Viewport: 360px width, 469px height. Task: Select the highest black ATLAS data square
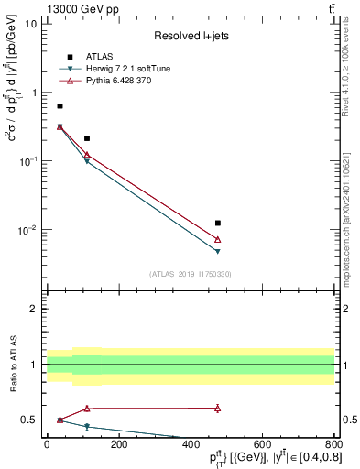pos(60,106)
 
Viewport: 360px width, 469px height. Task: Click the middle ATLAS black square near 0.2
pos(87,138)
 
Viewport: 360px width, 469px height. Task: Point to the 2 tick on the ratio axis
pos(35,309)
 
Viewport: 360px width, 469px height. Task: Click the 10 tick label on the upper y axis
pos(31,24)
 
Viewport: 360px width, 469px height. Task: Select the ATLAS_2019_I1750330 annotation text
pos(191,274)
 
